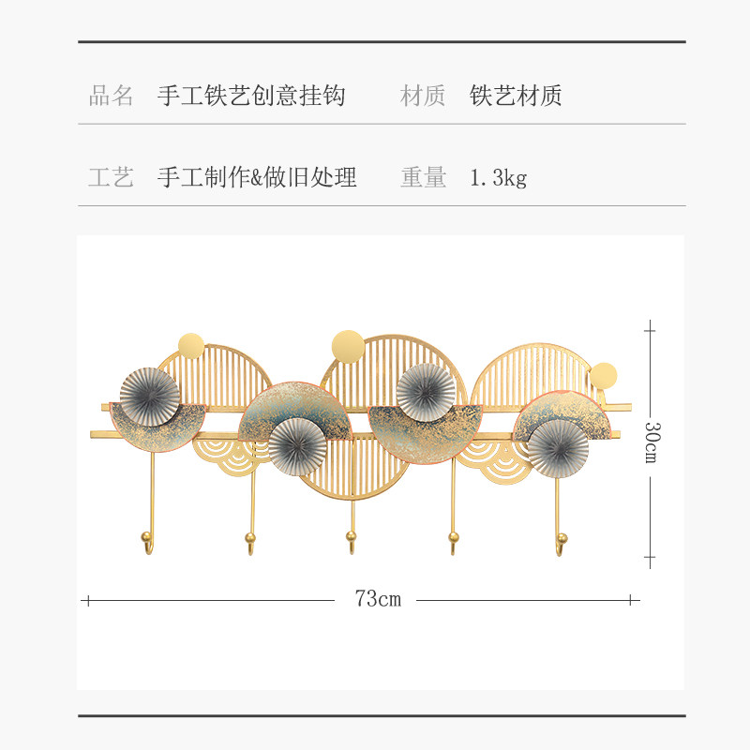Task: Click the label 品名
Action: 112,96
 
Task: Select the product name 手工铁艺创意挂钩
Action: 251,96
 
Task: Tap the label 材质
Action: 423,96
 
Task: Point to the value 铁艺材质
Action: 516,96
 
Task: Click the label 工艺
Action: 112,177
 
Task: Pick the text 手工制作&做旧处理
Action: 257,177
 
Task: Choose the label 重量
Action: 423,177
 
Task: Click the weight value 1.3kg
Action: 498,177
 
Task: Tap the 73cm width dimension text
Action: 377,599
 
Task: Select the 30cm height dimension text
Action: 651,443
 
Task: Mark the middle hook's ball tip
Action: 352,537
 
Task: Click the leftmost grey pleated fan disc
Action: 150,397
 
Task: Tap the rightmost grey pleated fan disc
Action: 557,448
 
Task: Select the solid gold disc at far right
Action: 604,376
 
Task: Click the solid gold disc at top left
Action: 190,344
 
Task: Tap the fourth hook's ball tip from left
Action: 454,537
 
